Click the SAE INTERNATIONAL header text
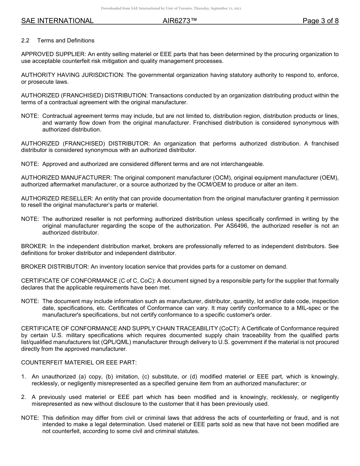coord(57,21)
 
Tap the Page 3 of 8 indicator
coord(320,21)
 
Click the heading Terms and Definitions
coord(66,41)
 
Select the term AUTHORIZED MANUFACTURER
coord(66,178)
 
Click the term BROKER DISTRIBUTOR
coord(55,267)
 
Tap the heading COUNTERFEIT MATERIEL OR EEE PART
coord(79,363)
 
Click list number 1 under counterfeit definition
coord(23,377)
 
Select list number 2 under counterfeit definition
coord(23,397)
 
